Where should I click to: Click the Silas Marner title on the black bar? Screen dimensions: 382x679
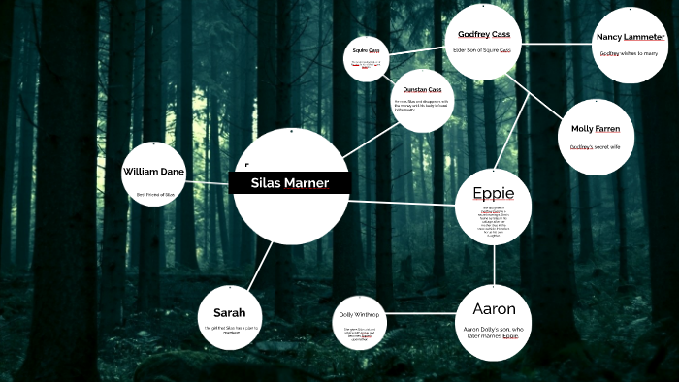point(289,183)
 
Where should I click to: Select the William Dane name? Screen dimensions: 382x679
point(153,172)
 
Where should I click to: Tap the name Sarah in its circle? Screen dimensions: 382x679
point(229,313)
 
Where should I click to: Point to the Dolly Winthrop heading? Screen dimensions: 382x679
point(359,315)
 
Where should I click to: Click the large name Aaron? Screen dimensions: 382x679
point(494,309)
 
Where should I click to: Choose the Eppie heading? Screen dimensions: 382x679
point(493,192)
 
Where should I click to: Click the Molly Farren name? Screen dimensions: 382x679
point(596,129)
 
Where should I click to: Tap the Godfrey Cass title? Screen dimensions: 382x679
point(484,34)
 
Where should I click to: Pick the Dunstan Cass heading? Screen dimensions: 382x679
point(422,89)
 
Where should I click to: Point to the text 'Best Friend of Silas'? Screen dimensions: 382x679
point(155,195)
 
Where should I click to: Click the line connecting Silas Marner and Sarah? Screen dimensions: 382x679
point(257,266)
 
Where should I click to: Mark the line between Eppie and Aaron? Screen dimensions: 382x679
point(494,263)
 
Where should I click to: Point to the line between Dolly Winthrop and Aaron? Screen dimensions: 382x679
point(423,322)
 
